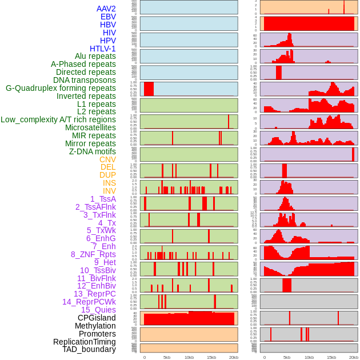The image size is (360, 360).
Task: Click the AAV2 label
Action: click(106, 9)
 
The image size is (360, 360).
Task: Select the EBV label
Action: click(108, 17)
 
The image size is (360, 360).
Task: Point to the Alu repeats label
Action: click(95, 56)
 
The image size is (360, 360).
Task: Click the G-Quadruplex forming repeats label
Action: click(61, 88)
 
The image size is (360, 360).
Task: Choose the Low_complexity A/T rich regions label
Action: click(58, 119)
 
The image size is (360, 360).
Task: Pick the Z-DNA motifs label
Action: click(92, 151)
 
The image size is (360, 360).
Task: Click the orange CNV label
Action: click(107, 159)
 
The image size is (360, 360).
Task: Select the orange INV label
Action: click(109, 191)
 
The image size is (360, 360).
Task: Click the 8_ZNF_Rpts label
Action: click(93, 254)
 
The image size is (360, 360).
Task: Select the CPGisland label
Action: click(97, 318)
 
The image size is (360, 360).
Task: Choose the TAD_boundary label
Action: click(89, 349)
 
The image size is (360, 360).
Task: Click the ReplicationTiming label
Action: click(84, 342)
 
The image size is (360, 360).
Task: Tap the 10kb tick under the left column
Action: click(189, 357)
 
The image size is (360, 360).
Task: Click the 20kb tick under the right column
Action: click(354, 357)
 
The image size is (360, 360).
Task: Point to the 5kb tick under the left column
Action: click(166, 357)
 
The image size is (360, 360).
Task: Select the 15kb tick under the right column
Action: click(331, 357)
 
